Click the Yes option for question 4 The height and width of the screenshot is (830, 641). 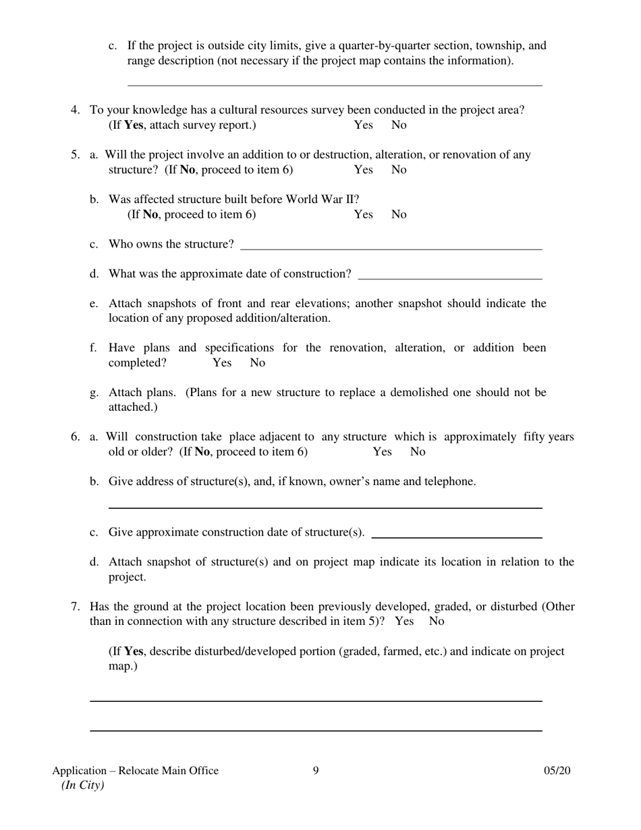pos(363,126)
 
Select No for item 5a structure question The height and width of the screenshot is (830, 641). pos(399,170)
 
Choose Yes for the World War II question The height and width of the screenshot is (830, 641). pos(363,215)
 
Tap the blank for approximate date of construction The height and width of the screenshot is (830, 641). pos(450,275)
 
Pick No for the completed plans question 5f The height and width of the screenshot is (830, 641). pos(257,363)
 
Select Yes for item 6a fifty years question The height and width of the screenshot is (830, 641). pos(382,452)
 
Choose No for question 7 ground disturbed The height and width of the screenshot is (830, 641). pos(437,621)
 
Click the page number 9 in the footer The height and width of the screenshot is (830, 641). pos(316,771)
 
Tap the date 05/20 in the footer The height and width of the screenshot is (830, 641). pos(557,771)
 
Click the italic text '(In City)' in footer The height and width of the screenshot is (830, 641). pos(82,785)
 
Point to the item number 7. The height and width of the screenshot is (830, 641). pos(76,607)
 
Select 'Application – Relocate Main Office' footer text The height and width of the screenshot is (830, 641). pos(135,771)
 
